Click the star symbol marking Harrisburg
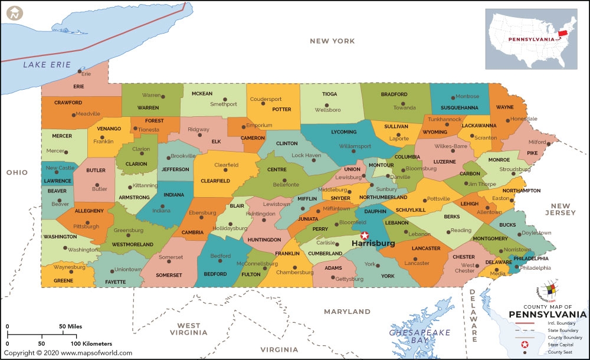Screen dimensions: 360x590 [364, 235]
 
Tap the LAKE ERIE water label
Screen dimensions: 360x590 [47, 64]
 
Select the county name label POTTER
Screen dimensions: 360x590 [281, 109]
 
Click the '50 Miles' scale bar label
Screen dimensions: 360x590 [70, 326]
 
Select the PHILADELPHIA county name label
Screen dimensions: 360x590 [530, 258]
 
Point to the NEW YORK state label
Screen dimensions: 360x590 [333, 41]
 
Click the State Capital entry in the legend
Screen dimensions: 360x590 [561, 344]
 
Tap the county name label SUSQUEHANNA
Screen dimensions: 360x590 [458, 108]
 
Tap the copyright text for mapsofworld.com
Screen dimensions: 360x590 [68, 353]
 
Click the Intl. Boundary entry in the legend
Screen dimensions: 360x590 [561, 324]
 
